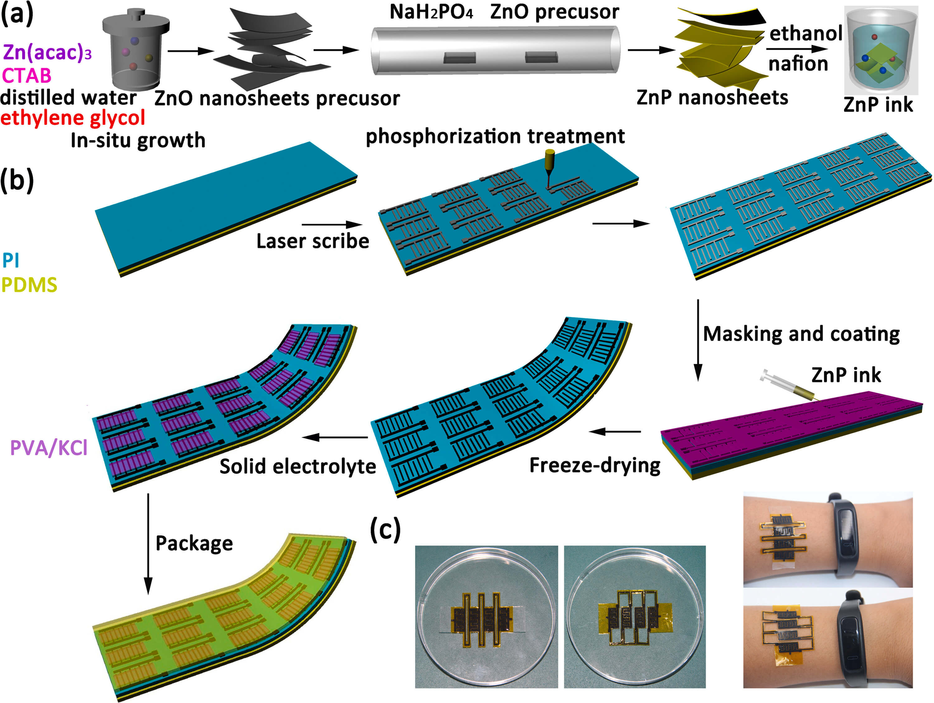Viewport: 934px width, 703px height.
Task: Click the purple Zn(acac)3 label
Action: click(x=47, y=52)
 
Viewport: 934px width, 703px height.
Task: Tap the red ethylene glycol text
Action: click(x=73, y=118)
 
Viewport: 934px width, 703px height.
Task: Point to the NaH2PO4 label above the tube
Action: click(x=431, y=12)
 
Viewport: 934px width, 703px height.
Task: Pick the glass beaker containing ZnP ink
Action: click(x=881, y=51)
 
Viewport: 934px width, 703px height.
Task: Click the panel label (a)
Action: click(x=17, y=13)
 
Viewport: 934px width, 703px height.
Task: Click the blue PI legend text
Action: click(x=11, y=261)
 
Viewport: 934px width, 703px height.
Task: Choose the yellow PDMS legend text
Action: click(x=29, y=285)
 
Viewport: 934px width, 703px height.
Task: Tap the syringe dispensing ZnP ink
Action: click(x=785, y=384)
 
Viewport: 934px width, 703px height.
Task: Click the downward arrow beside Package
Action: click(x=148, y=545)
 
